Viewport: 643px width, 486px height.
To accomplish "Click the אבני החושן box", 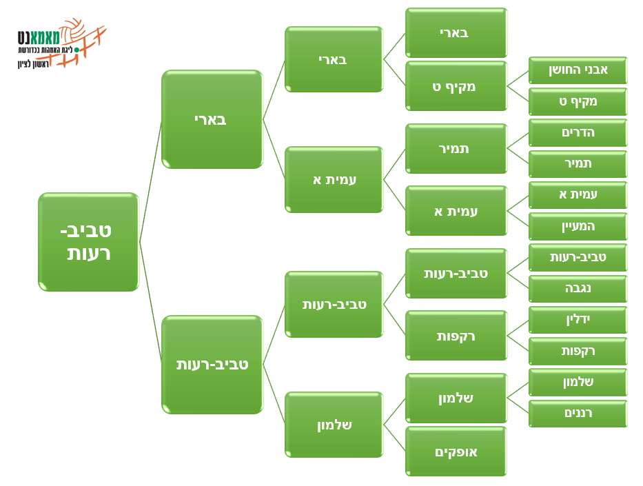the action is click(x=578, y=70).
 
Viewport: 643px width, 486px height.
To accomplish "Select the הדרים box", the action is click(x=578, y=132).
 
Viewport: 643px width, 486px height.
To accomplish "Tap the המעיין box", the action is click(x=578, y=226).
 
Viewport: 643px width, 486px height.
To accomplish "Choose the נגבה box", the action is click(x=578, y=288).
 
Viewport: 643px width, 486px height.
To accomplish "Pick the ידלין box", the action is click(x=578, y=319).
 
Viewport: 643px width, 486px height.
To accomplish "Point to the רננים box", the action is click(x=578, y=413).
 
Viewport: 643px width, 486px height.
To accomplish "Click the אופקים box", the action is click(x=456, y=451).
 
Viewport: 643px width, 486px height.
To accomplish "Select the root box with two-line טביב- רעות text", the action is click(x=89, y=242).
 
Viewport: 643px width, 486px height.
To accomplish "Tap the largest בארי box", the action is click(x=212, y=119).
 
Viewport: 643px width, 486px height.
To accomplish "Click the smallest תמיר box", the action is click(x=578, y=163).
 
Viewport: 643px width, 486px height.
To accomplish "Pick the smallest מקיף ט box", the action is click(x=578, y=101).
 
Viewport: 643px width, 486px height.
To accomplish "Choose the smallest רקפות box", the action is click(x=578, y=351).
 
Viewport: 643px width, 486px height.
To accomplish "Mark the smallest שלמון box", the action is click(x=578, y=382).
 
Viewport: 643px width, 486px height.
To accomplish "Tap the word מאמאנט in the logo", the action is click(x=39, y=37).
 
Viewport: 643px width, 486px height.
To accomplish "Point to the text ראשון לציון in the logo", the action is click(x=33, y=64).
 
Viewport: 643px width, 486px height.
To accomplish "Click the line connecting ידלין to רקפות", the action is click(x=518, y=327).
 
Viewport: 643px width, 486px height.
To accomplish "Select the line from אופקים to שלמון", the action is click(x=394, y=438).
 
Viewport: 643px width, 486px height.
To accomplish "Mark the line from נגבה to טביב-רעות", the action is click(x=518, y=281).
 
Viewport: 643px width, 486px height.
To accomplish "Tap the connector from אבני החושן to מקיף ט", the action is click(x=518, y=79).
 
